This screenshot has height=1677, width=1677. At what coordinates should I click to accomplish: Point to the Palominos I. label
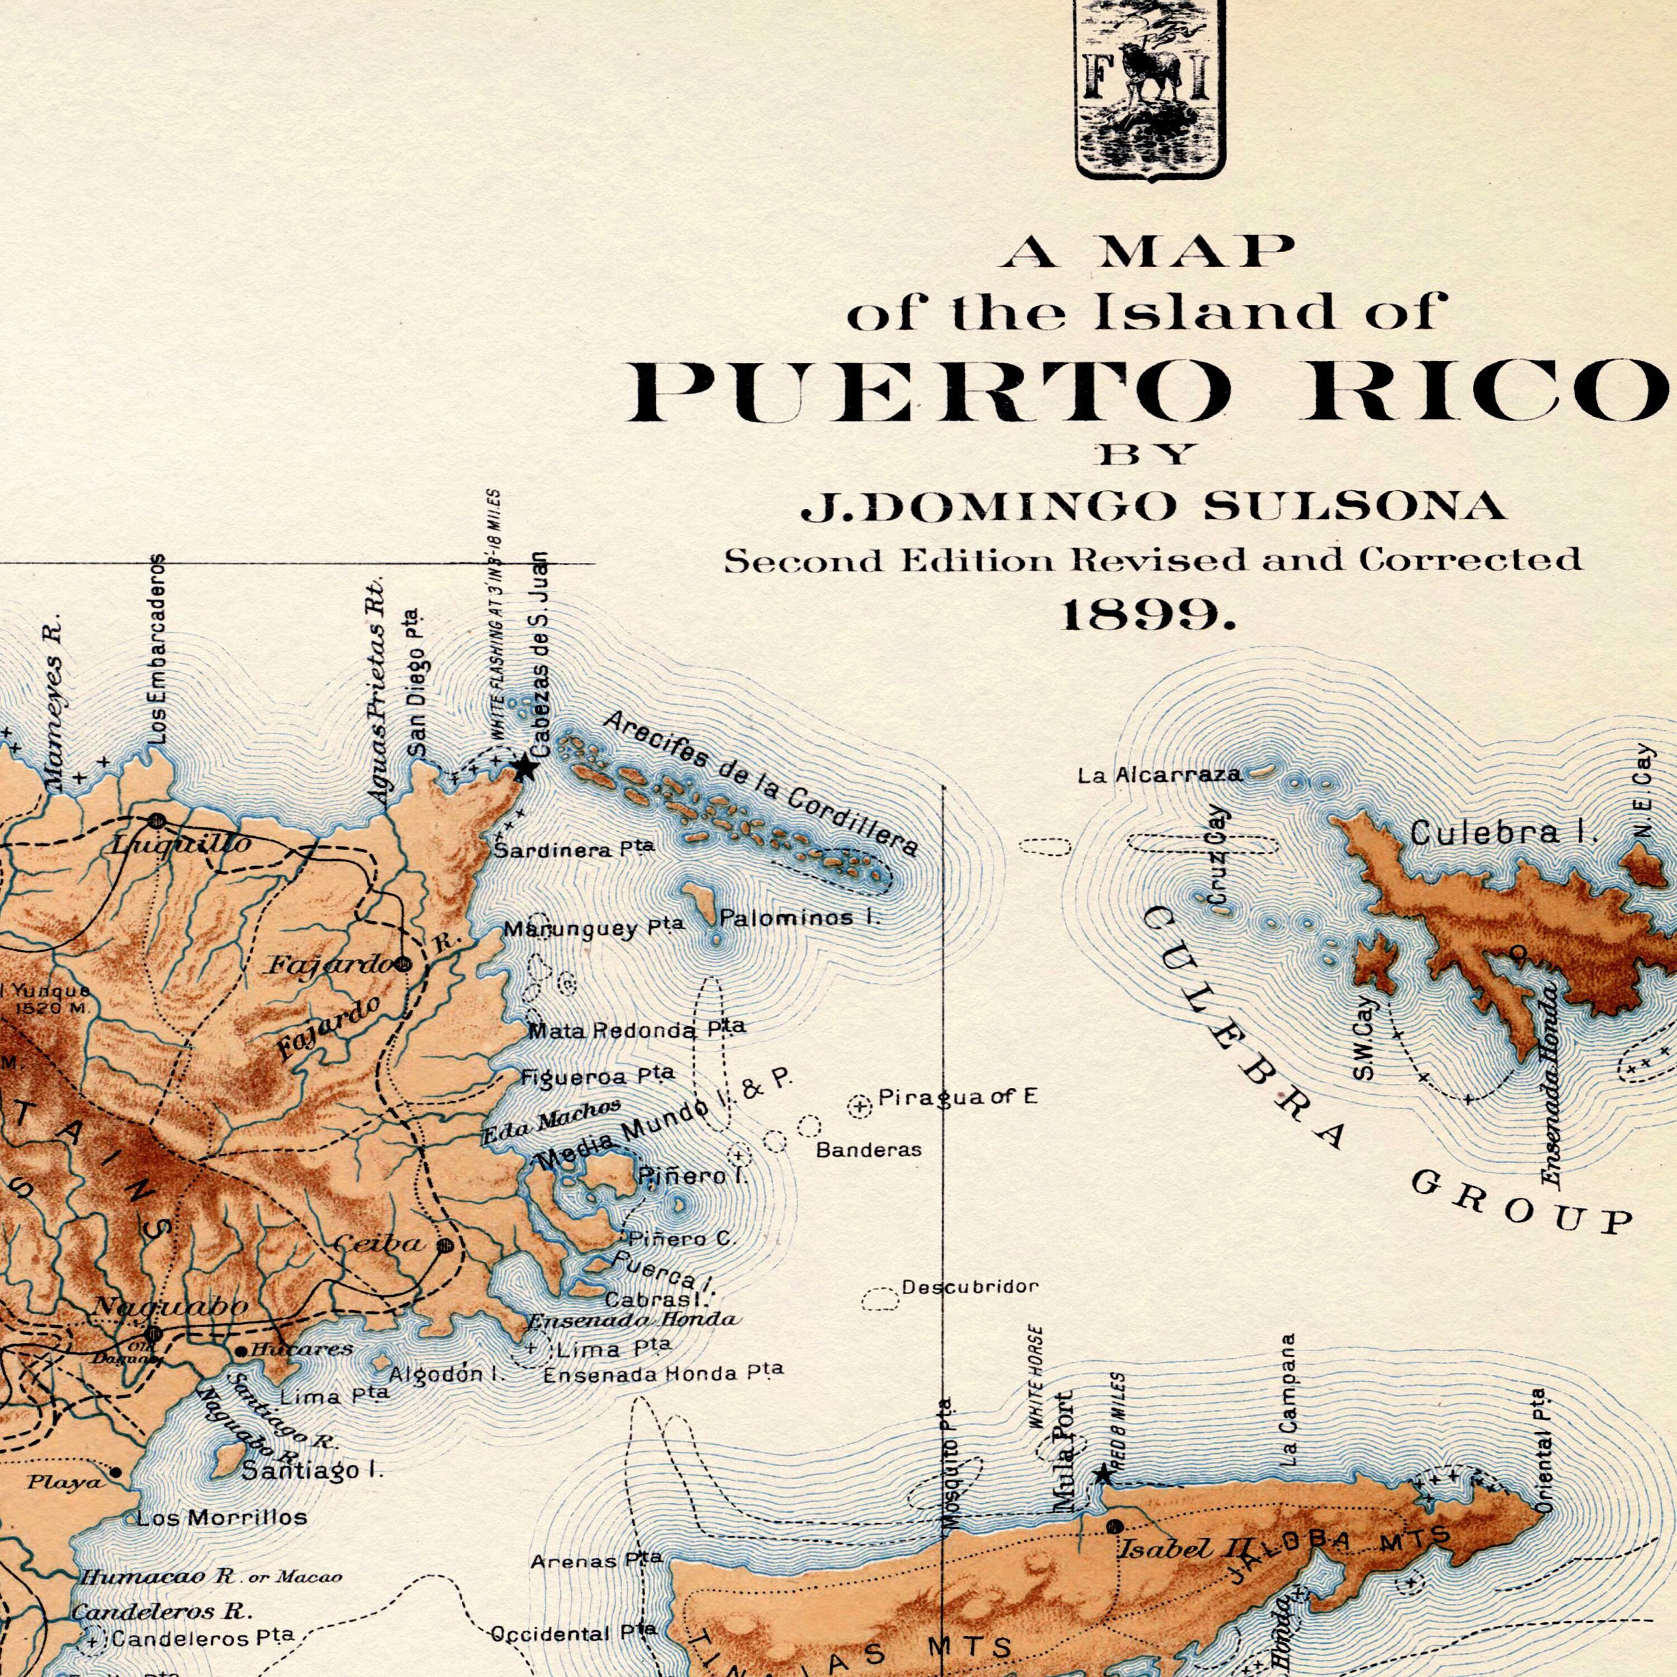pos(799,917)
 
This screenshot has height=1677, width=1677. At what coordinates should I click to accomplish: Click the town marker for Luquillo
pos(157,820)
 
